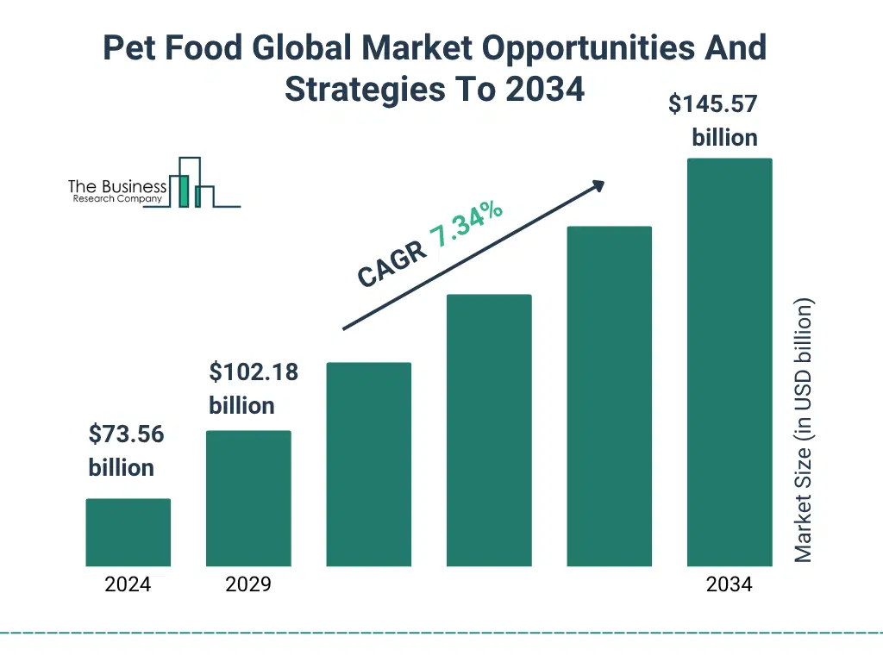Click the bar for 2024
coord(128,533)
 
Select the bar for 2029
coord(248,498)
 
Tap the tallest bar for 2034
coord(729,362)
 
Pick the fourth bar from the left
coord(489,430)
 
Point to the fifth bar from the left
coord(609,397)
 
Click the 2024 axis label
coord(128,584)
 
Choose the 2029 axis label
coord(248,584)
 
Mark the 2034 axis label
coord(729,584)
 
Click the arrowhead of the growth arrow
coord(597,185)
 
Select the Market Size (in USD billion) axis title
coord(804,431)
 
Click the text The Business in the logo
coord(117,187)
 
